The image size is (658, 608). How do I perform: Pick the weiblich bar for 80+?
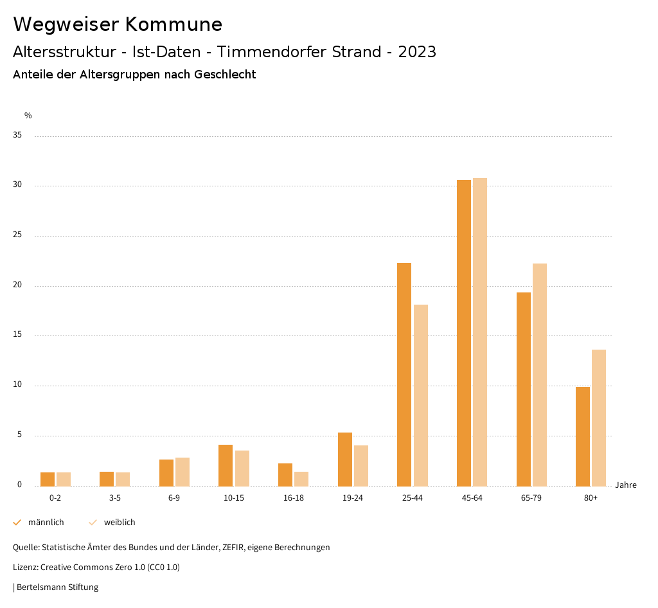point(599,418)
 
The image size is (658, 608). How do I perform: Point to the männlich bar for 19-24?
point(345,459)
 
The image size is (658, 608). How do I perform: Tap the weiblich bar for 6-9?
point(182,472)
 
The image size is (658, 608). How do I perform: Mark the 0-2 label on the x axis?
point(55,498)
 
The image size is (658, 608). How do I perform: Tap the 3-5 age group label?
point(115,498)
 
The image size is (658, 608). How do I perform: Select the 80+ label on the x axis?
point(591,498)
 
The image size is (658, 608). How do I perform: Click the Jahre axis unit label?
point(626,485)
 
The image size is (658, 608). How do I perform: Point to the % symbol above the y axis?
point(28,116)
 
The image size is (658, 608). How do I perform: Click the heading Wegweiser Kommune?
point(118,24)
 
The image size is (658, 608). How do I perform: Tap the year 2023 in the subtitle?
point(417,52)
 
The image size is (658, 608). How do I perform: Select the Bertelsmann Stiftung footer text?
point(57,587)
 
